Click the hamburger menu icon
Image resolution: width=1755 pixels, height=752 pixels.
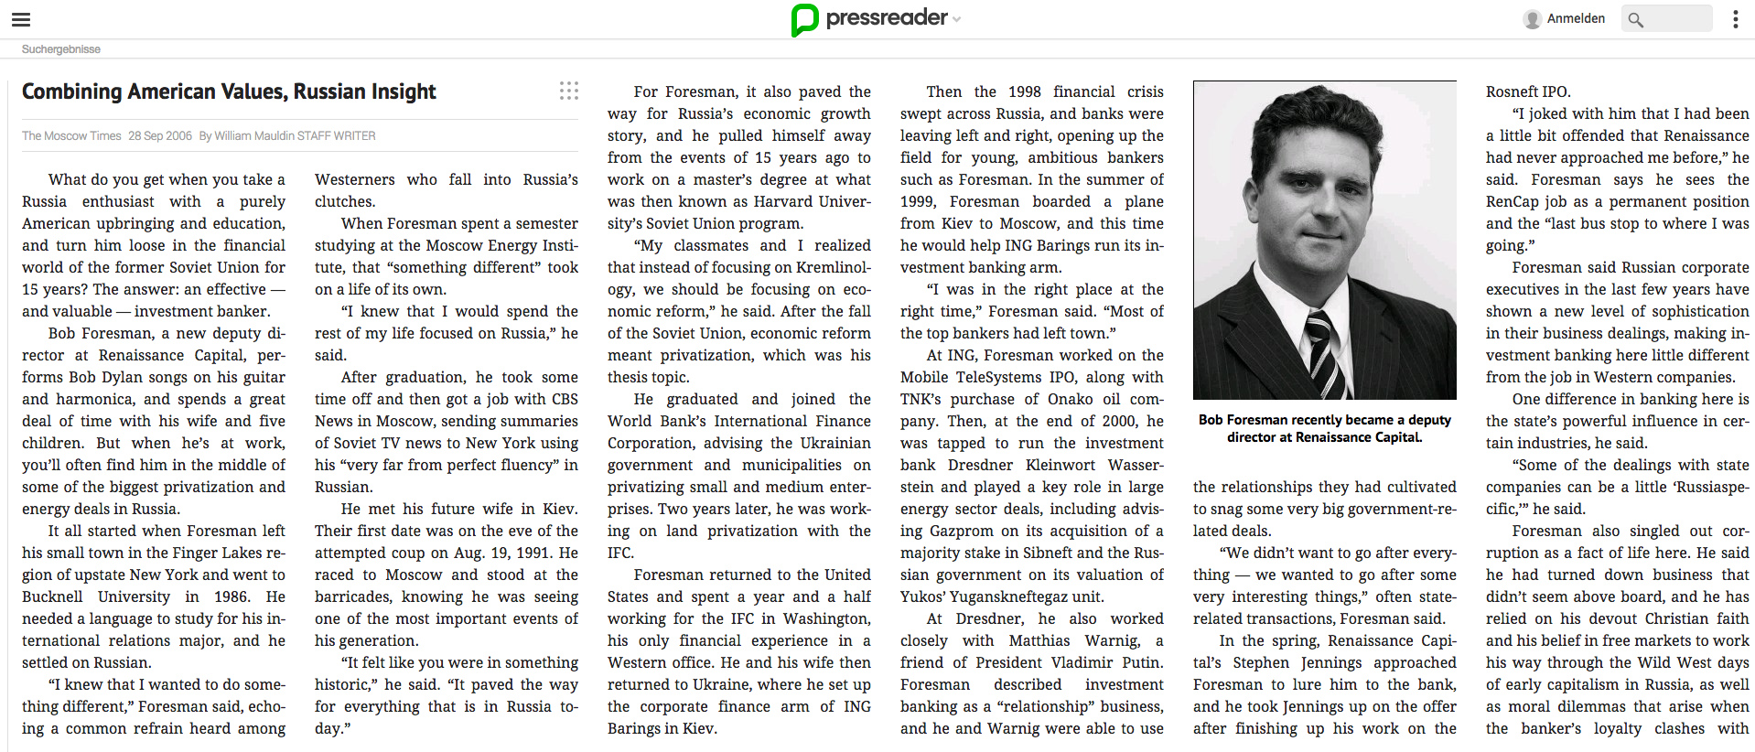pos(21,19)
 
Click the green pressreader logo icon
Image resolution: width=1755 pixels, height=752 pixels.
pos(804,19)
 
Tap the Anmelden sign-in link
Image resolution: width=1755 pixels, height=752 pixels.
pos(1575,18)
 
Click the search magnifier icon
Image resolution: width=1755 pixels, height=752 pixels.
pos(1636,19)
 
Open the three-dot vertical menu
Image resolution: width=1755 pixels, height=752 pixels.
pos(1735,19)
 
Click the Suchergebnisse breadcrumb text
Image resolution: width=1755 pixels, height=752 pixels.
pos(61,49)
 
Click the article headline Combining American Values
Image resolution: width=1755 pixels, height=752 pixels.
pos(229,91)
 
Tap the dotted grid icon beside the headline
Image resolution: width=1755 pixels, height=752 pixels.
pos(568,91)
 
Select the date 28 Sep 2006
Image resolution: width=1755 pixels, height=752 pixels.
pos(160,136)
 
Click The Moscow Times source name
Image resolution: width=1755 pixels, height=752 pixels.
pos(71,136)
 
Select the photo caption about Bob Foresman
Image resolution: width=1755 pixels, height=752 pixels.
pos(1324,428)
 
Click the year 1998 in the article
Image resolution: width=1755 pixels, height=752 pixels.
pos(1024,91)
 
